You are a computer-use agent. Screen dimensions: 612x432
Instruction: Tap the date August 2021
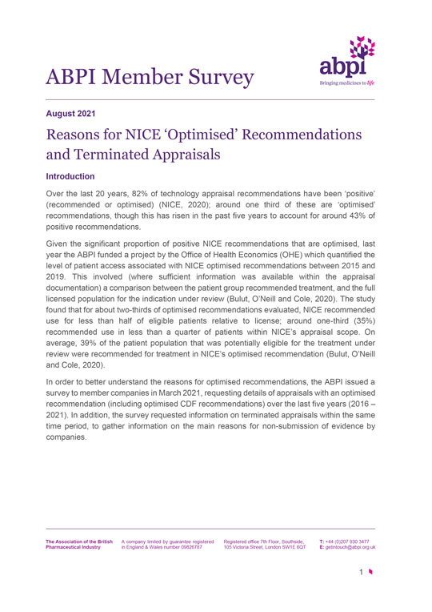click(75, 115)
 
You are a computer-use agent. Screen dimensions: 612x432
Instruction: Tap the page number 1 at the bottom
click(361, 572)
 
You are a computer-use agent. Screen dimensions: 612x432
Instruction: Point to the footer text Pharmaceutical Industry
click(73, 547)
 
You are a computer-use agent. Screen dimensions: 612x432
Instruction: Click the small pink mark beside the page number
click(370, 572)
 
